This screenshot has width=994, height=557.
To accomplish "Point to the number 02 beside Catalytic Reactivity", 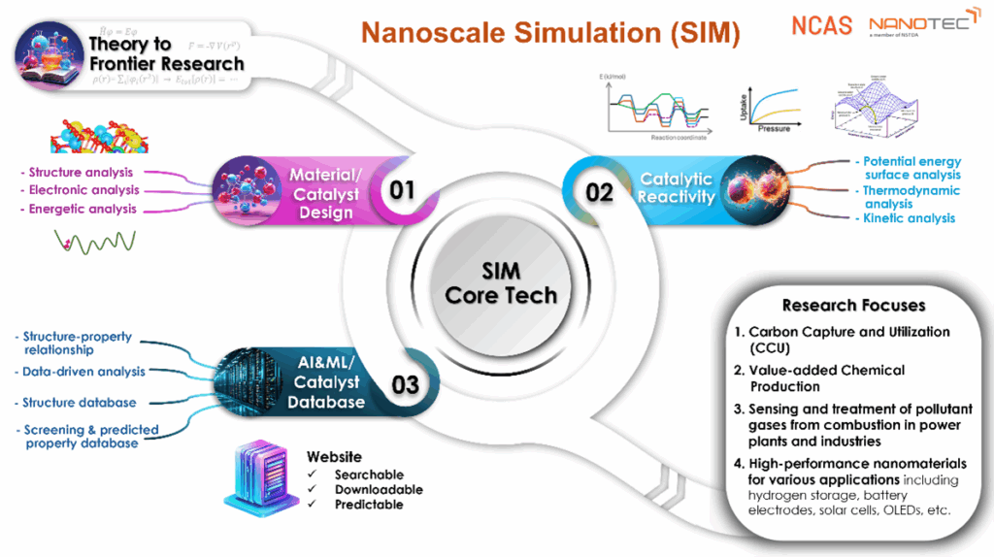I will pyautogui.click(x=600, y=191).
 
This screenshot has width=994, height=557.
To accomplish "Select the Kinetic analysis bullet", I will pyautogui.click(x=908, y=218).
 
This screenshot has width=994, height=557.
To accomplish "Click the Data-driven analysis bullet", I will pyautogui.click(x=83, y=371).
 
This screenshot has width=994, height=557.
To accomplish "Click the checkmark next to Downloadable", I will pyautogui.click(x=313, y=489).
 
